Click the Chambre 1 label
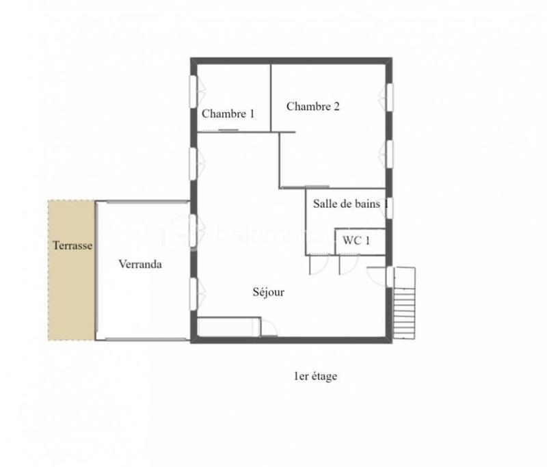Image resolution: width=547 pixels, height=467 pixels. pyautogui.click(x=228, y=114)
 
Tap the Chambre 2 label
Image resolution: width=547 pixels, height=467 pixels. pyautogui.click(x=313, y=107)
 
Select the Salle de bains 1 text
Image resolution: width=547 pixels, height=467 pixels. pyautogui.click(x=351, y=203)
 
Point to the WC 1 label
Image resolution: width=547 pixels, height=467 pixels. pyautogui.click(x=358, y=240)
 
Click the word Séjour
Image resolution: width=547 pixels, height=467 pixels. pyautogui.click(x=268, y=292)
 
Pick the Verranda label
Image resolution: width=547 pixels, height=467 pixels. pyautogui.click(x=140, y=264)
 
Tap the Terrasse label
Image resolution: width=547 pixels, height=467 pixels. pyautogui.click(x=72, y=245)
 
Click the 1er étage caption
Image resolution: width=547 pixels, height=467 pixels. pyautogui.click(x=315, y=376)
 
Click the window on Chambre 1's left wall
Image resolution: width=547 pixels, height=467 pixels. pyautogui.click(x=194, y=91)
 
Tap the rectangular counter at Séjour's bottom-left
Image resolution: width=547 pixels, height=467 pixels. pyautogui.click(x=228, y=326)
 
